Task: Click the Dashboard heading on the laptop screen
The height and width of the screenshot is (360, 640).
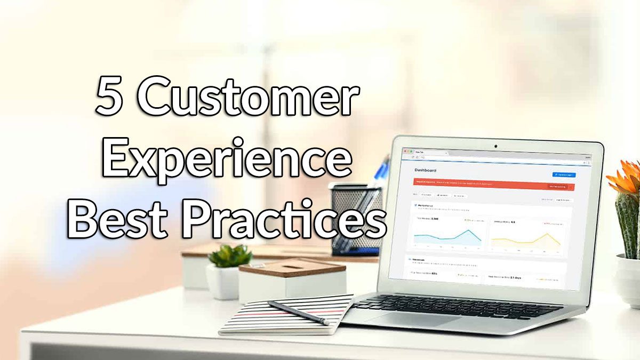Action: [425, 170]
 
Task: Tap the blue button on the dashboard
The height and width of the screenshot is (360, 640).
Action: [564, 174]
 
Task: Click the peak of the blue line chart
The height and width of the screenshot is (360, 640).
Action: [469, 231]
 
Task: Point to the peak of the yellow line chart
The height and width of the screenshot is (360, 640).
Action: [547, 234]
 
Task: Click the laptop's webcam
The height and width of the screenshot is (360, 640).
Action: [495, 146]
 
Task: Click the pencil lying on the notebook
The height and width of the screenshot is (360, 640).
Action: [298, 312]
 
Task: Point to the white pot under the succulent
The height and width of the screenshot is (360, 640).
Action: [223, 282]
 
